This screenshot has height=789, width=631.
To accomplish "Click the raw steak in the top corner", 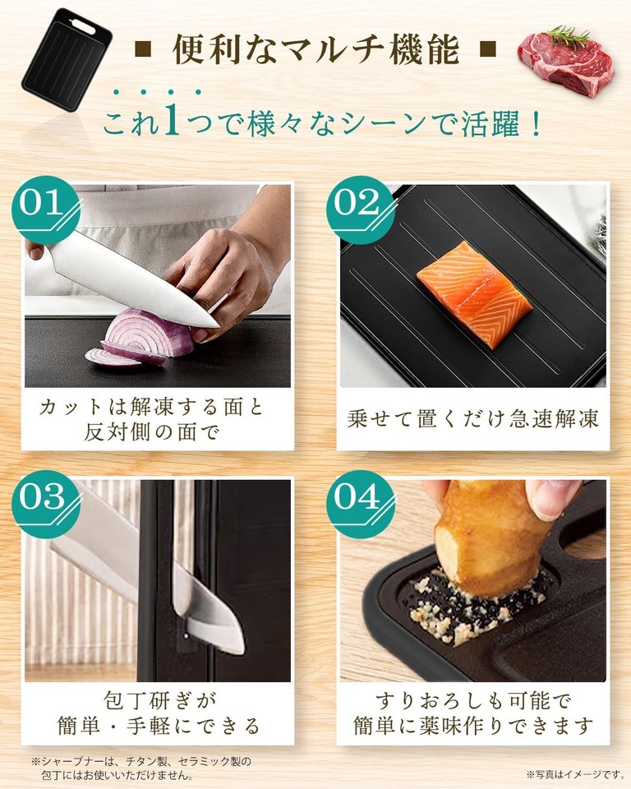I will click(565, 60).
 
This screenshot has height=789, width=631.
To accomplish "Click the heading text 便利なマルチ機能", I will click(315, 50).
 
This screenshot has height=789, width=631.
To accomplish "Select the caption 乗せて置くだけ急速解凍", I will click(472, 418).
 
